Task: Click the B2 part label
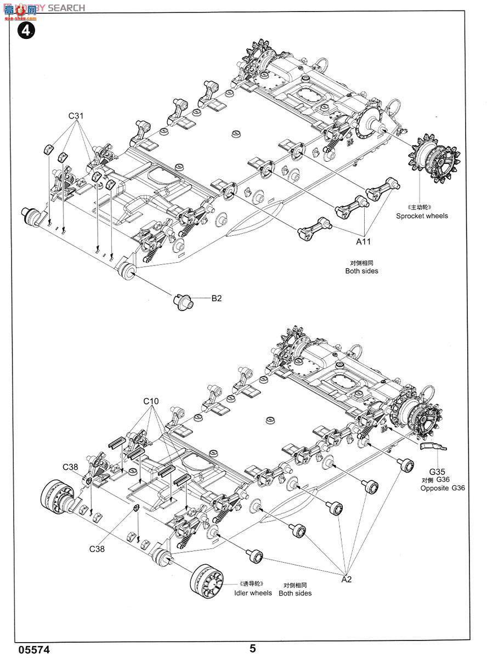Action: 217,299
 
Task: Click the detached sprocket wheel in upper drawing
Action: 433,159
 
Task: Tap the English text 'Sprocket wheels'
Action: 422,216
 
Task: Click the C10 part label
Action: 151,401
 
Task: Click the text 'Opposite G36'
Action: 443,487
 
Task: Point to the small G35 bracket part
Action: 433,447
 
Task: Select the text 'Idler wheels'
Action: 253,593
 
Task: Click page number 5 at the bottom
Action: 252,648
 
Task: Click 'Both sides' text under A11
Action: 361,271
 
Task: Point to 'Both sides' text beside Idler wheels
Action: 295,593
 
